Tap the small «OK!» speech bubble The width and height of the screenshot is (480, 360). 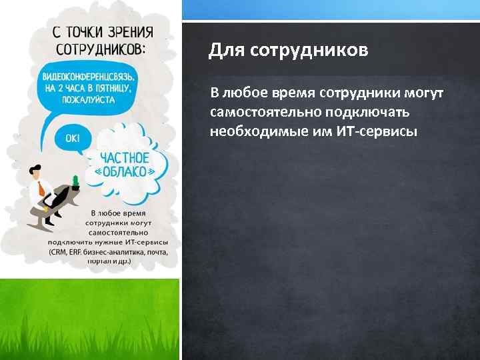click(x=72, y=138)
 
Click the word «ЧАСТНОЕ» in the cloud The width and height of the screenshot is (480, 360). click(x=124, y=157)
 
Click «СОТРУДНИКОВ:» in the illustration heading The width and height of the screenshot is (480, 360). click(x=100, y=49)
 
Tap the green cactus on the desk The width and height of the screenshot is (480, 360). click(x=75, y=180)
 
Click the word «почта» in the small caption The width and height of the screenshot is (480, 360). click(x=155, y=252)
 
